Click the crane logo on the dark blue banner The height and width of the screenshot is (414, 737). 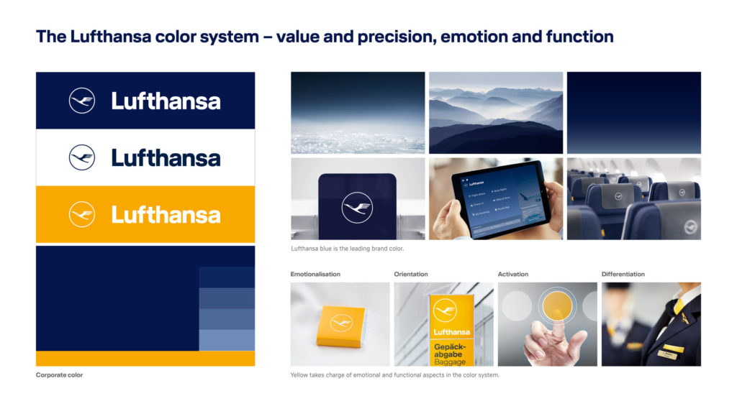tap(82, 101)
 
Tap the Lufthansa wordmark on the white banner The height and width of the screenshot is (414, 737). tap(166, 157)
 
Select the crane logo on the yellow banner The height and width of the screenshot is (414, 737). tap(82, 214)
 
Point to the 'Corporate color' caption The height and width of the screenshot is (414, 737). tap(59, 375)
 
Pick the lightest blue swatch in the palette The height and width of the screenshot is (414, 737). tap(227, 340)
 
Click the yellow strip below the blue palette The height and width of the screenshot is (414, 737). tap(145, 359)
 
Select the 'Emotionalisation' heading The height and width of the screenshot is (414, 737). tap(315, 274)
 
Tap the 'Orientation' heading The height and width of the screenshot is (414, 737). tap(411, 274)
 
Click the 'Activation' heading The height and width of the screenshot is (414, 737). tap(513, 274)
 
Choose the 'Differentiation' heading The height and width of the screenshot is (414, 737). tap(623, 274)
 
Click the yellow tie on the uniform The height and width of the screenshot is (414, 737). tap(678, 308)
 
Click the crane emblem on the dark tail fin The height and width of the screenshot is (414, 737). tap(357, 208)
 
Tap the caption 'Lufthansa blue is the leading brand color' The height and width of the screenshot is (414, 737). tap(347, 249)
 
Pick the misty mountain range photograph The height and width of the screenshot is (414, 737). tap(496, 112)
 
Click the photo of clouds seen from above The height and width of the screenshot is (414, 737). tap(358, 112)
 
